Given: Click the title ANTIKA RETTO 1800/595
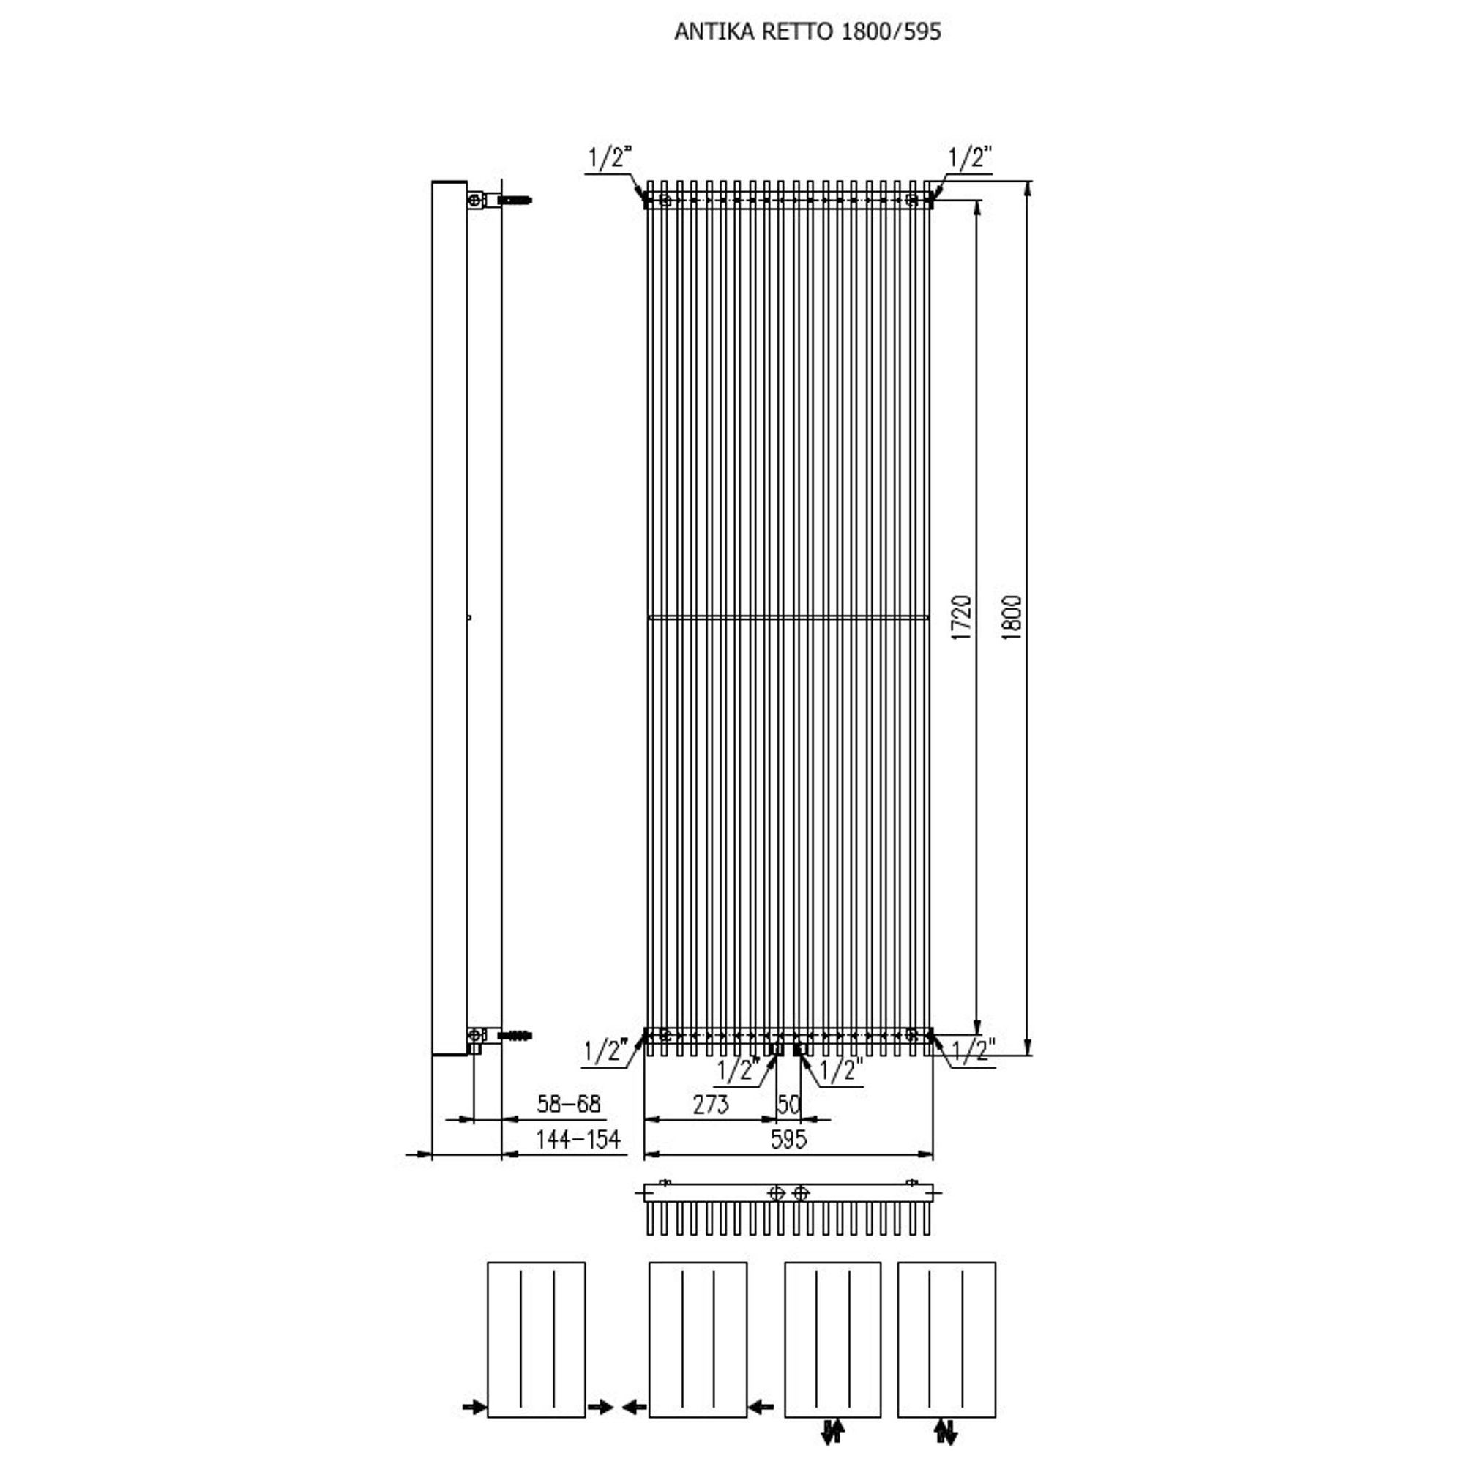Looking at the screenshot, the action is point(808,31).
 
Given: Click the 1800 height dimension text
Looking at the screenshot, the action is point(1012,618).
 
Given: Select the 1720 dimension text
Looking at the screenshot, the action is point(961,618).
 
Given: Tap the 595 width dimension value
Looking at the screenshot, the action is point(788,1139).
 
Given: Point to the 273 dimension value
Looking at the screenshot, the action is point(711,1104).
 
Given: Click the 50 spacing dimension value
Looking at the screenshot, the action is point(789,1105).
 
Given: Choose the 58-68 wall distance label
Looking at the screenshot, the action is point(568,1103).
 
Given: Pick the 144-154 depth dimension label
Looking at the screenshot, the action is point(578,1139).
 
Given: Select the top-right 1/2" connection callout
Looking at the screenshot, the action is point(970,157).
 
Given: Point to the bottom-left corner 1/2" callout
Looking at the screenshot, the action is point(605,1051).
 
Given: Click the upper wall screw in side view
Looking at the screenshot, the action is point(514,201).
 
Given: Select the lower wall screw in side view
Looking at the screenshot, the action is point(514,1035).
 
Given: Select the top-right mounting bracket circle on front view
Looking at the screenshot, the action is point(911,201).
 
